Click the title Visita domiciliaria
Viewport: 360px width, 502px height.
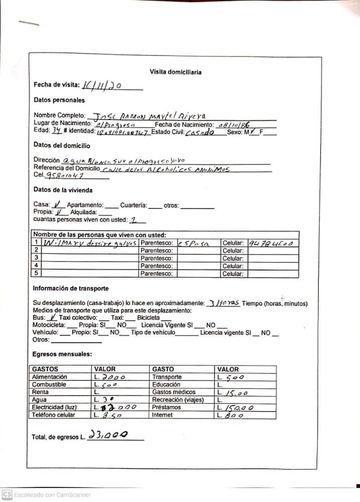coord(176,72)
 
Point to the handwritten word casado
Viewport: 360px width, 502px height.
coord(199,133)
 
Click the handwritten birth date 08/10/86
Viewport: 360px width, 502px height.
coord(234,124)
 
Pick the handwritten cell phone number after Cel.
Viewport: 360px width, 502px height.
coord(65,176)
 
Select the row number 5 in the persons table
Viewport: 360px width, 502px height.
coord(36,273)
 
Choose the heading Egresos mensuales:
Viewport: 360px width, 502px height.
coord(62,354)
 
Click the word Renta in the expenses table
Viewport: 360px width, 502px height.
coord(40,392)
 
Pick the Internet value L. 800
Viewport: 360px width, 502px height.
coord(233,416)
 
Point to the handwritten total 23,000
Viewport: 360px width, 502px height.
coord(107,435)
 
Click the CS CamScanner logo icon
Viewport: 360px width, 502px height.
coord(7,494)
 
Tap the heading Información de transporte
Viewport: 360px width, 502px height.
coord(70,289)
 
